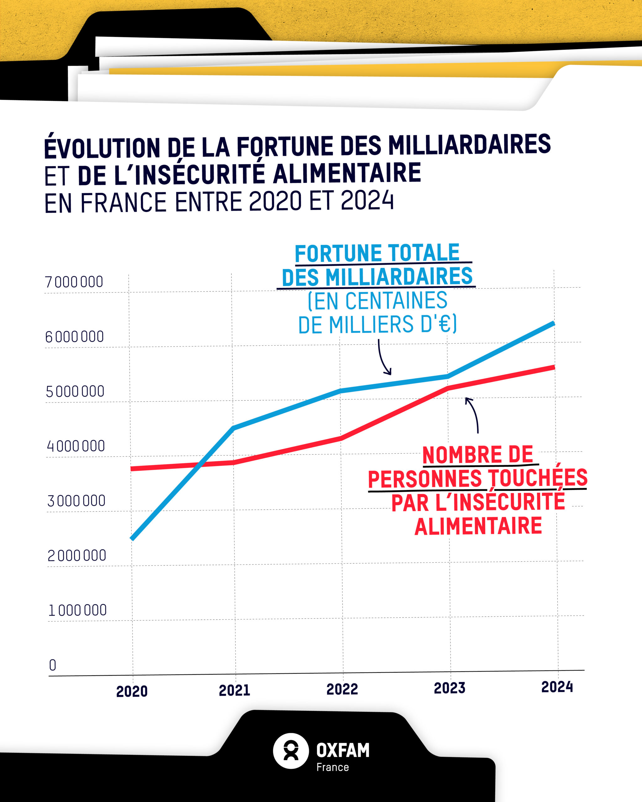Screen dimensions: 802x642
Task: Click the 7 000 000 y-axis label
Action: coord(74,282)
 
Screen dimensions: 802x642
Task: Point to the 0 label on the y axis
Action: coord(52,665)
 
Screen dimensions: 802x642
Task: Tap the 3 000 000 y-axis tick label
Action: coord(76,501)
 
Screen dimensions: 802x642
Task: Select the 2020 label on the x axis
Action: coord(132,691)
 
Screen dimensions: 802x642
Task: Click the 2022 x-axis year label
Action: coord(342,689)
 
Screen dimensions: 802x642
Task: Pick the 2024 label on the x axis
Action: coord(557,687)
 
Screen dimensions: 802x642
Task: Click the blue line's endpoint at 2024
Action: coord(554,324)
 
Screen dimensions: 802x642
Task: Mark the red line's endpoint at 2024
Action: coord(554,367)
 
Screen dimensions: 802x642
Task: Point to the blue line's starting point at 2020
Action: coord(132,538)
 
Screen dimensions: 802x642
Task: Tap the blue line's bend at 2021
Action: coord(233,428)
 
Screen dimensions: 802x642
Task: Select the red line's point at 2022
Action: coord(340,439)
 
